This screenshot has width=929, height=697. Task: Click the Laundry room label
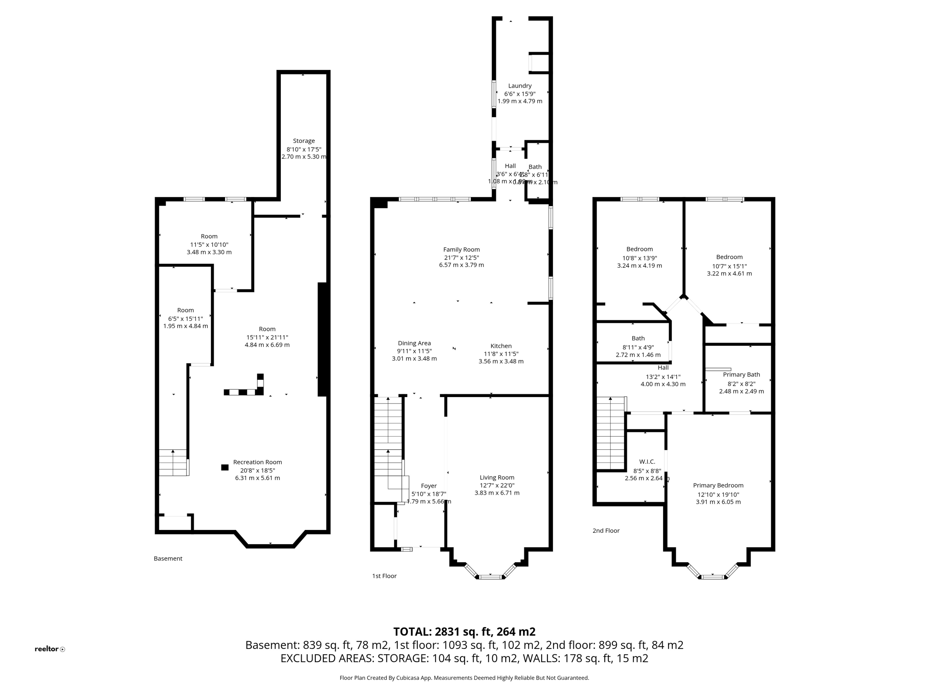pyautogui.click(x=519, y=86)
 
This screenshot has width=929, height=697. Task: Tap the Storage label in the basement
pyautogui.click(x=303, y=141)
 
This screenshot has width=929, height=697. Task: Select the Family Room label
pyautogui.click(x=461, y=250)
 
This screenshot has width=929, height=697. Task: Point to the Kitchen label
pyautogui.click(x=501, y=346)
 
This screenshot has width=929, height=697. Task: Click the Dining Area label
pyautogui.click(x=414, y=344)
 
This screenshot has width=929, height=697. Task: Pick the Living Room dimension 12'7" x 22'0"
pyautogui.click(x=497, y=485)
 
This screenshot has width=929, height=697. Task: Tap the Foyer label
pyautogui.click(x=429, y=486)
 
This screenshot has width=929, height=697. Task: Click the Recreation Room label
pyautogui.click(x=257, y=462)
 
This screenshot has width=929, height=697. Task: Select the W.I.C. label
pyautogui.click(x=647, y=462)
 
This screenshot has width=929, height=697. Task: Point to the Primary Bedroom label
pyautogui.click(x=718, y=486)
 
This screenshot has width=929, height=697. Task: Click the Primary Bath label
pyautogui.click(x=741, y=375)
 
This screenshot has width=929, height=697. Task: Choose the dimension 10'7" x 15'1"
pyautogui.click(x=729, y=266)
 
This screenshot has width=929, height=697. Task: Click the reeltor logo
pyautogui.click(x=49, y=649)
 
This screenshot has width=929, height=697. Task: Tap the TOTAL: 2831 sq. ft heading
pyautogui.click(x=464, y=632)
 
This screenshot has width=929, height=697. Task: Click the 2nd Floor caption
pyautogui.click(x=606, y=531)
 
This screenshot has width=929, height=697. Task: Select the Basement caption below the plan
pyautogui.click(x=168, y=559)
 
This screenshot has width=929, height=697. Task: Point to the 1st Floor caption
pyautogui.click(x=384, y=576)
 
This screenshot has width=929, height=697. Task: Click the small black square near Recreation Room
pyautogui.click(x=225, y=467)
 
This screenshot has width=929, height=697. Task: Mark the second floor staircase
pyautogui.click(x=611, y=433)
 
